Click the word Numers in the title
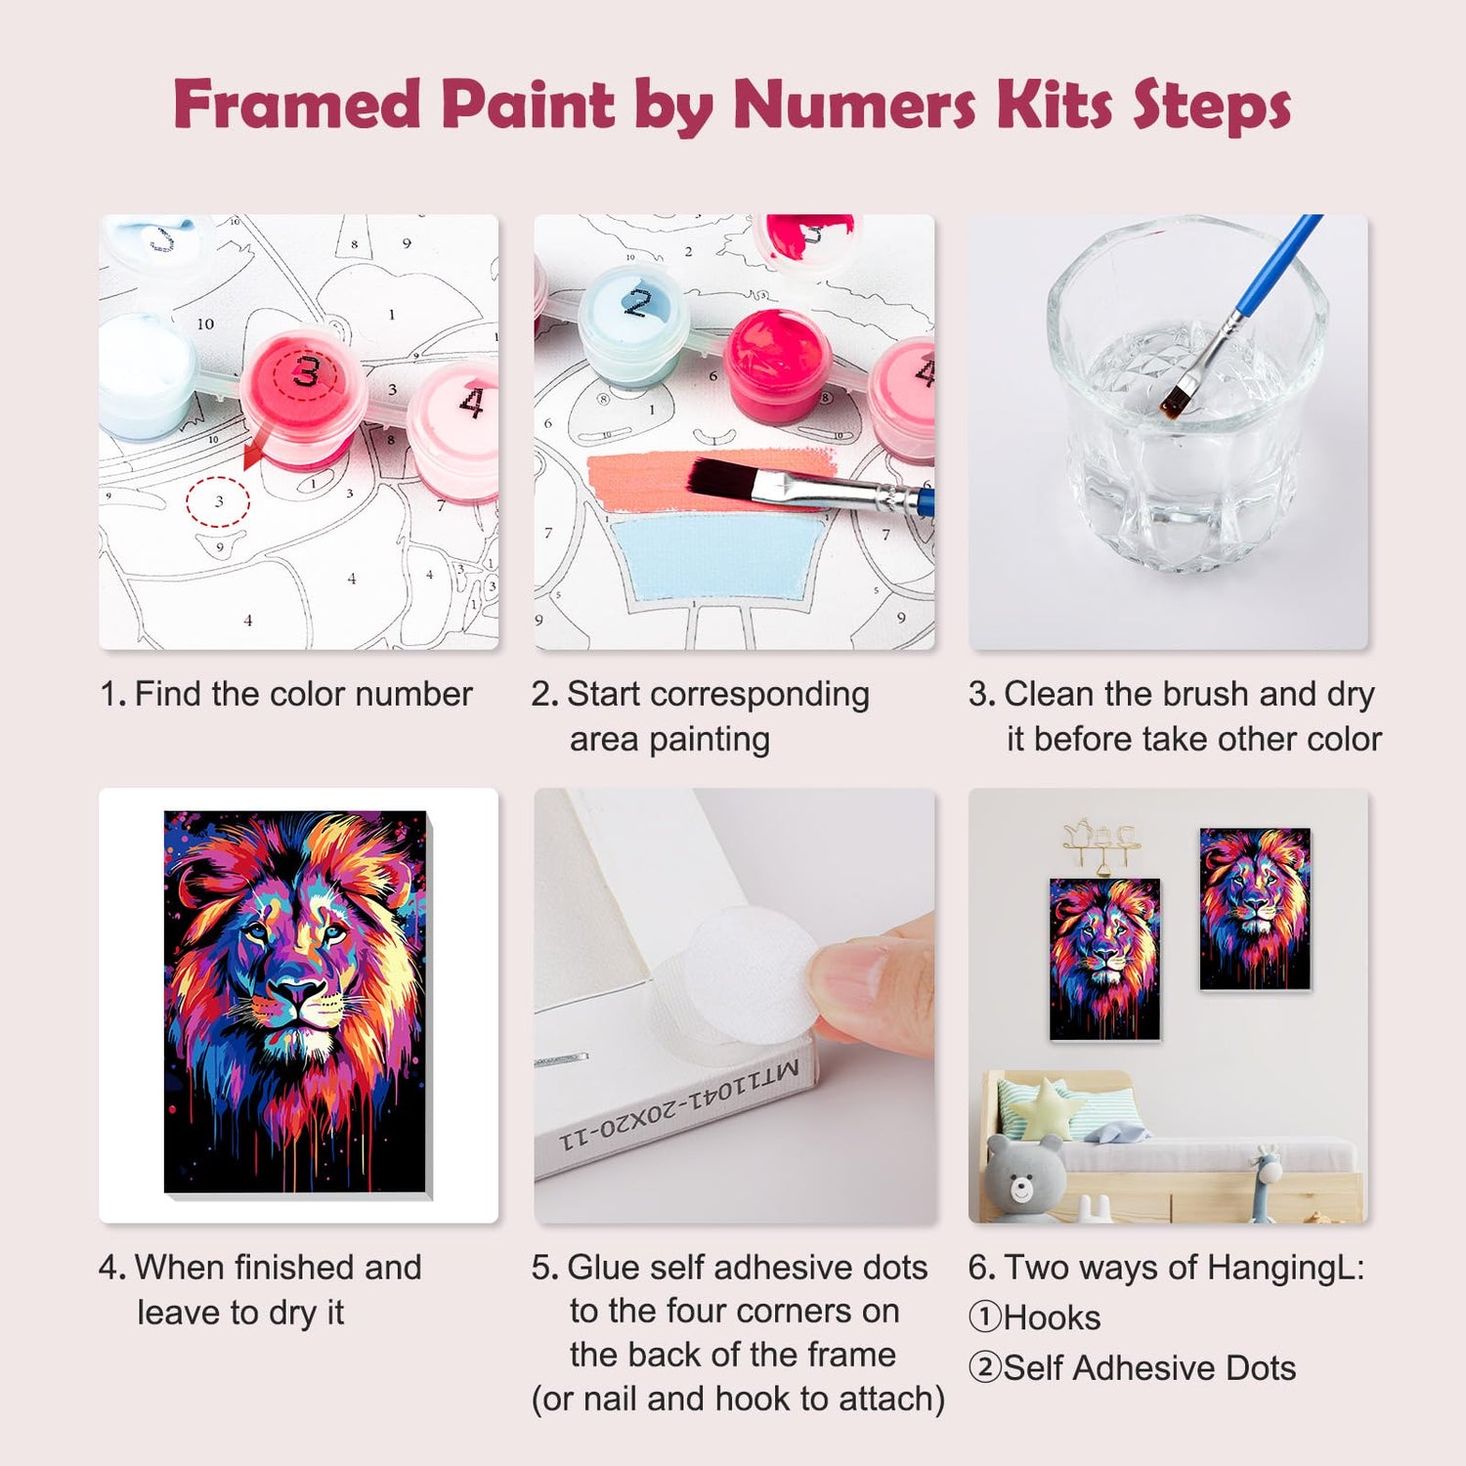click(x=854, y=104)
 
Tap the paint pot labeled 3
click(x=304, y=396)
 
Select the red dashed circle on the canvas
click(x=218, y=501)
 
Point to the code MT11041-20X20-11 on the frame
click(x=680, y=1104)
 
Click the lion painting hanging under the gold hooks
click(x=1104, y=958)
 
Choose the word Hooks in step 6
click(x=1052, y=1318)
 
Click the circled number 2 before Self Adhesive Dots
click(x=985, y=1367)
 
